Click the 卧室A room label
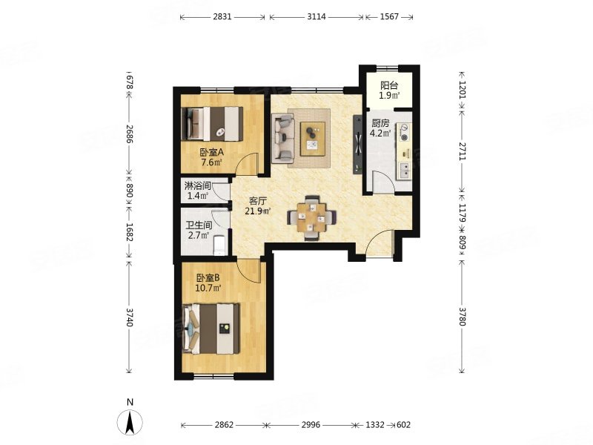(212, 153)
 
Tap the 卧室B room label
(208, 277)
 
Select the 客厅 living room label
(258, 200)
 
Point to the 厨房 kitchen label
(380, 123)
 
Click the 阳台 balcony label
(390, 85)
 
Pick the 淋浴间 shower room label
(197, 186)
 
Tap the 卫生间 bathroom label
(199, 225)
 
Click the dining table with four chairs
(311, 217)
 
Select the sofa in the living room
(283, 139)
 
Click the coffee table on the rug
(313, 139)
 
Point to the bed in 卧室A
(212, 124)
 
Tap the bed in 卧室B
(211, 329)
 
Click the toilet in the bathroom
(219, 245)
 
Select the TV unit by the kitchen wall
(357, 144)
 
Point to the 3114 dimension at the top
(317, 16)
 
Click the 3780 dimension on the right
(462, 317)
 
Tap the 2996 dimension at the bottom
(311, 425)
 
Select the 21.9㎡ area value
(258, 211)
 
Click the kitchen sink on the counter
(404, 170)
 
